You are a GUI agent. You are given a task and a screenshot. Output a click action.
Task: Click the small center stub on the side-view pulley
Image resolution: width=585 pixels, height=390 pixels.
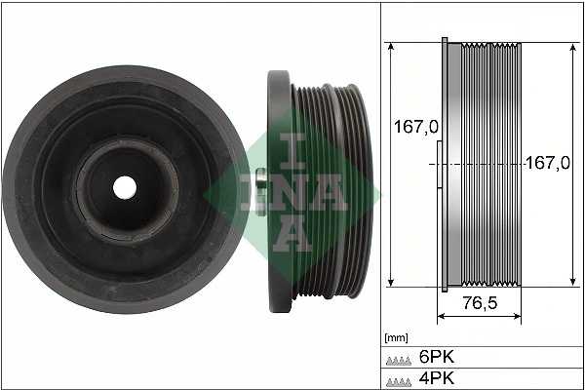point(260,183)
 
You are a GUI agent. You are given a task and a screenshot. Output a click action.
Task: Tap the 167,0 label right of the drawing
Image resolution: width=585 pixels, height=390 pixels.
point(548,164)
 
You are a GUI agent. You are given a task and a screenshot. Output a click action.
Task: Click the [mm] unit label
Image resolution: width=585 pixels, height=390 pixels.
point(396,338)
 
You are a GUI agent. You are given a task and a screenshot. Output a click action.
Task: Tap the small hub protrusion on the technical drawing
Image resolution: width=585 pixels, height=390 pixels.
point(438,166)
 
